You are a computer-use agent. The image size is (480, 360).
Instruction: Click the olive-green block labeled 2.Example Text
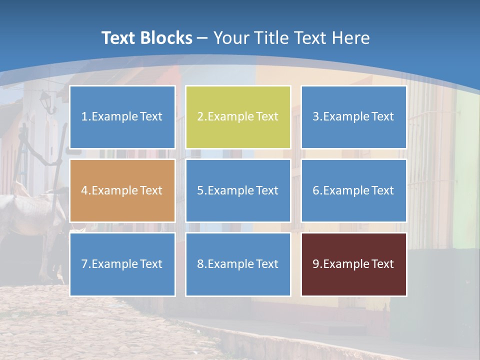[238, 117]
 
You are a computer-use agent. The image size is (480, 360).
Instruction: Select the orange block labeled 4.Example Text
[122, 190]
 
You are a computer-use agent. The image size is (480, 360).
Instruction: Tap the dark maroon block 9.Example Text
[353, 264]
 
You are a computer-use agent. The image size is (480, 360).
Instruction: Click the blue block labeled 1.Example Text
[122, 117]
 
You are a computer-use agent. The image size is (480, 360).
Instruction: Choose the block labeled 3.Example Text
[353, 117]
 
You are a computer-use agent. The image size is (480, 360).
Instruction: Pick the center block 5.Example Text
[238, 190]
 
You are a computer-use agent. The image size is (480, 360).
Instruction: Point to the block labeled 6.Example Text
[353, 190]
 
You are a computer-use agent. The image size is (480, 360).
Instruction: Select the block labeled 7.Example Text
[122, 264]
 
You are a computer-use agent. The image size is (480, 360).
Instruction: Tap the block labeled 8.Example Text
[238, 264]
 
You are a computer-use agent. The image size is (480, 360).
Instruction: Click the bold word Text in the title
[118, 38]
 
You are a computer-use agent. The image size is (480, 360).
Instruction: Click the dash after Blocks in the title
[202, 38]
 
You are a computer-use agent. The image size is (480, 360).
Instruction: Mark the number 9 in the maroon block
[316, 264]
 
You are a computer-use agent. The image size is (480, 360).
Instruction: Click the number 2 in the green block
[200, 117]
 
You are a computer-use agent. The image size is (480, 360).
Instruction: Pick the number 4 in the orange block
[84, 190]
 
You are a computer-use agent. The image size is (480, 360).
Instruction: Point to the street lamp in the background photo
[46, 101]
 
